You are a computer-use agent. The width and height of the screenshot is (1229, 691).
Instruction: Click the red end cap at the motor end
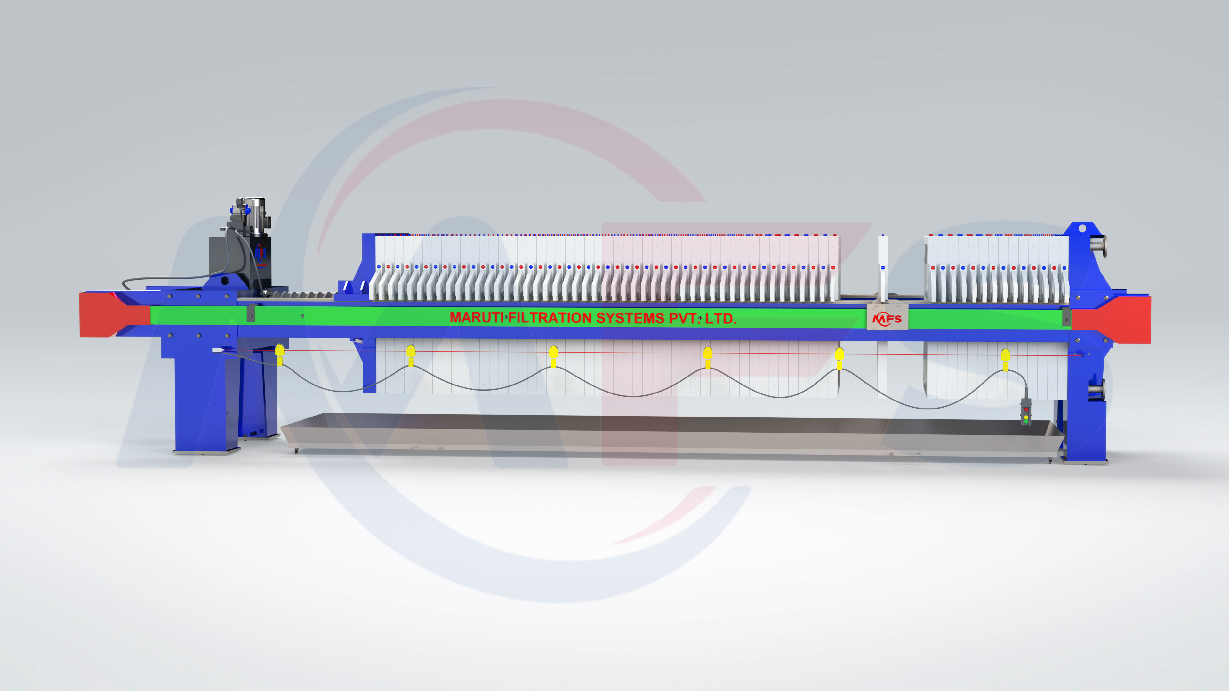[x=115, y=315]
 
